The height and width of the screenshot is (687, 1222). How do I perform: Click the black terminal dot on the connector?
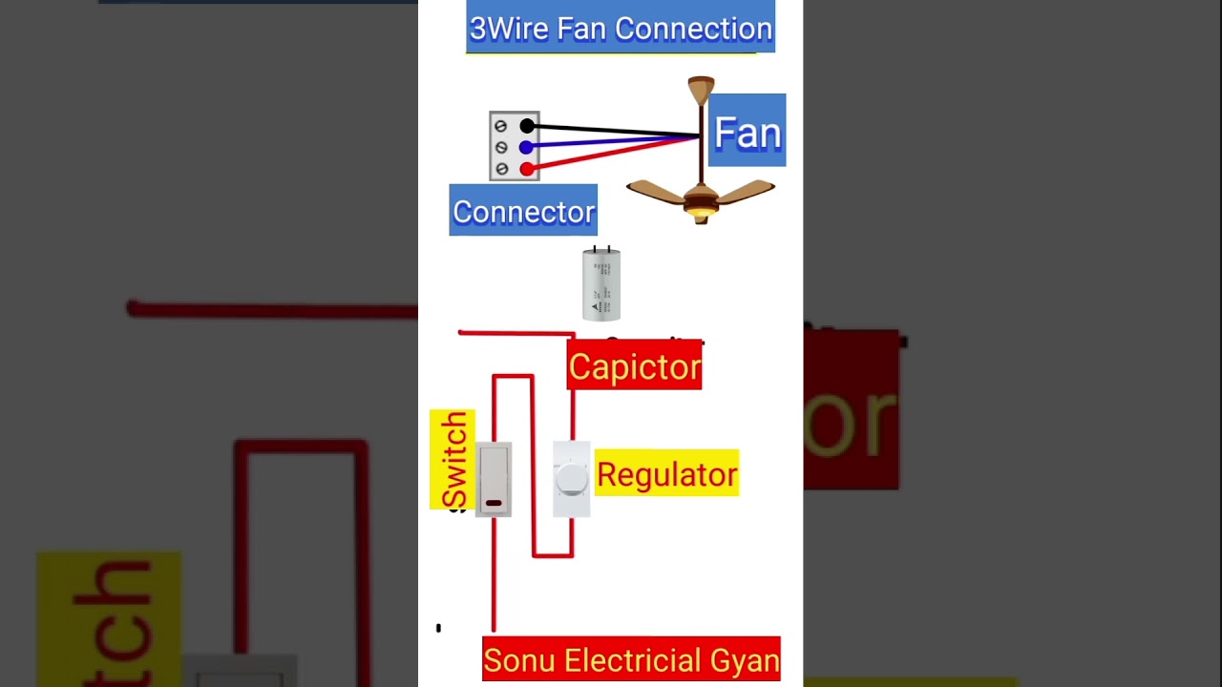527,126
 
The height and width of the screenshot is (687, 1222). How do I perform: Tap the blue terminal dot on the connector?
526,148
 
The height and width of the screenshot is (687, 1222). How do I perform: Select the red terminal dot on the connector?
526,169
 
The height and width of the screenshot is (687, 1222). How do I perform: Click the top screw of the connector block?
501,126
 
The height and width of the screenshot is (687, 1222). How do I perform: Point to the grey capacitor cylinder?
601,284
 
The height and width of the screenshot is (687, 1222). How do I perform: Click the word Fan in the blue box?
748,133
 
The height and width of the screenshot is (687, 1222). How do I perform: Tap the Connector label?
523,212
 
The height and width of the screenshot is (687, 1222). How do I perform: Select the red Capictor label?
634,367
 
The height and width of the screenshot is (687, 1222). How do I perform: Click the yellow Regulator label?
666,474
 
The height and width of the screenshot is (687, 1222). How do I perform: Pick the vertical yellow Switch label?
453,460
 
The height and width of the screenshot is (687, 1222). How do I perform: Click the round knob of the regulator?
571,480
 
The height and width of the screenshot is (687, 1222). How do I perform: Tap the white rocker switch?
494,477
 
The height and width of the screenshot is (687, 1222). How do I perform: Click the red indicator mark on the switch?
494,503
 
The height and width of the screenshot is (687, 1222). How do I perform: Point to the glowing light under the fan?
702,212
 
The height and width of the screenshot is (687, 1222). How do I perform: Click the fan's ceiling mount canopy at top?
701,89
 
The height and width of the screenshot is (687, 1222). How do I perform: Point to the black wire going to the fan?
611,131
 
